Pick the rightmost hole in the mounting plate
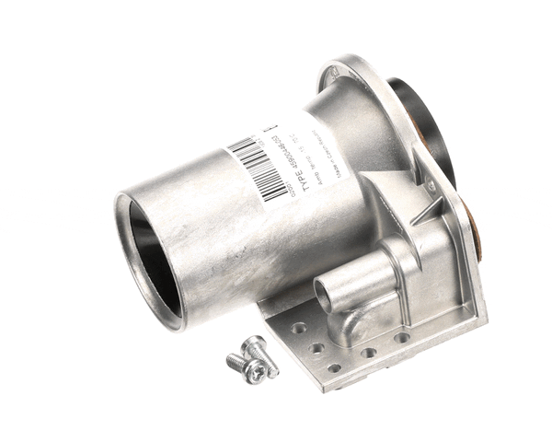point(402,338)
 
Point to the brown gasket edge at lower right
point(477,230)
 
